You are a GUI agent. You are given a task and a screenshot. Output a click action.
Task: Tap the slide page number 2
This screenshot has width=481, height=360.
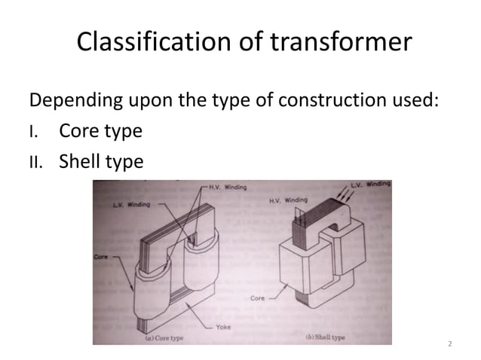tap(450, 344)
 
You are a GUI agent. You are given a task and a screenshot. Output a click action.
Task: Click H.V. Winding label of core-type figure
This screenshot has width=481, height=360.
tap(225, 188)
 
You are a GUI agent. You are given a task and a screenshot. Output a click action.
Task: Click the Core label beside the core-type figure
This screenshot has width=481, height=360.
tap(101, 257)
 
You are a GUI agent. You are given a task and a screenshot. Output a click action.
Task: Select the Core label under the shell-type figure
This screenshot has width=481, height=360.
tap(259, 299)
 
